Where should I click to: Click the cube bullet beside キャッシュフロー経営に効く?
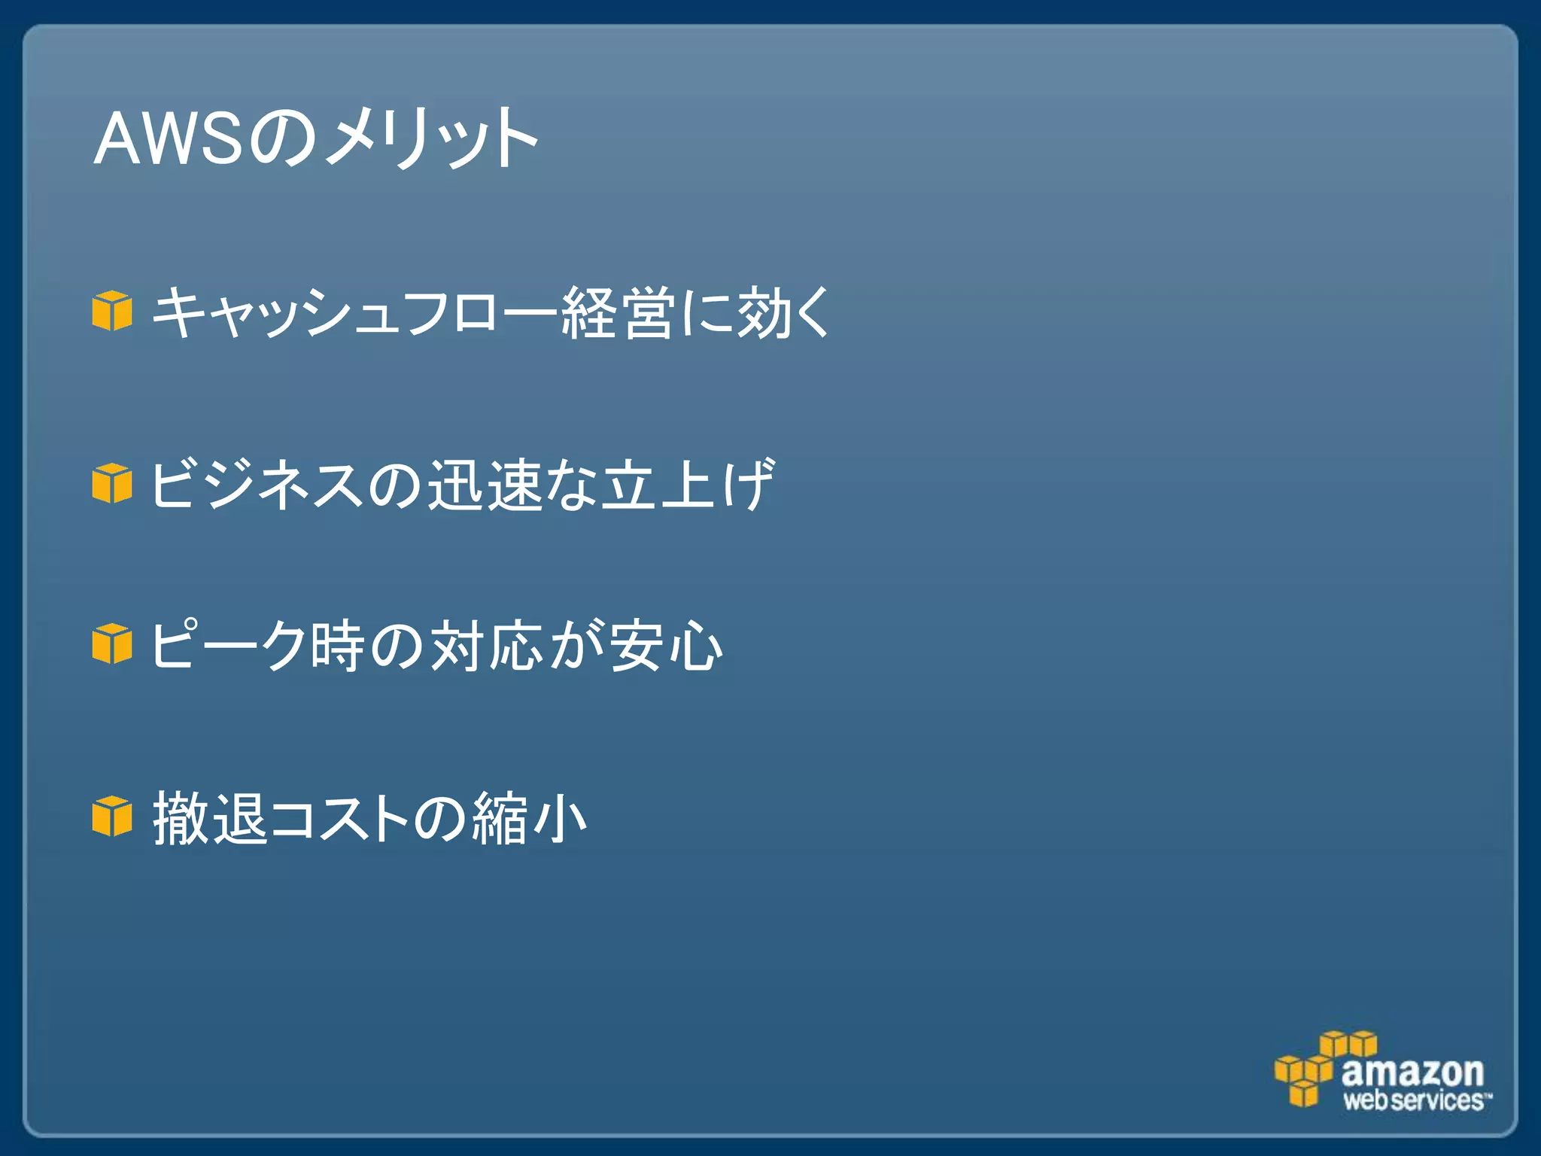point(112,311)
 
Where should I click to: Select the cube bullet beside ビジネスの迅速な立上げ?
point(112,483)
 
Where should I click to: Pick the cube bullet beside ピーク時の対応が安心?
point(112,644)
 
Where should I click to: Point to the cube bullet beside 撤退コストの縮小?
point(112,817)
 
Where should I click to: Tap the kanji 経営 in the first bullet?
point(617,312)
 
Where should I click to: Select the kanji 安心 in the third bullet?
point(666,646)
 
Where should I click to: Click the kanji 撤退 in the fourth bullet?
point(211,818)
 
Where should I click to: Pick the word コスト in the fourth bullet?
point(339,818)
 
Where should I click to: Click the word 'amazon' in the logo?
point(1412,1070)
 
